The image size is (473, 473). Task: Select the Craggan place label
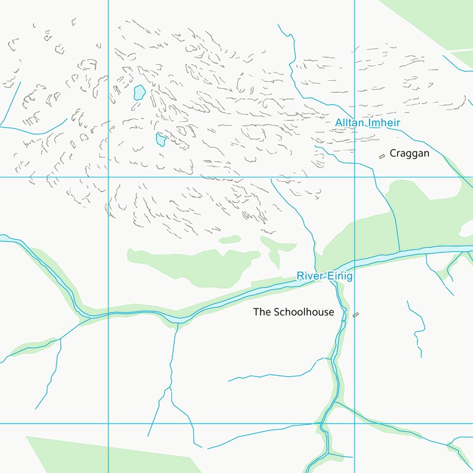coord(409,153)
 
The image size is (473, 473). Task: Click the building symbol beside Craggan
coord(382,155)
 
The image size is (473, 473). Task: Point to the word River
coord(309,276)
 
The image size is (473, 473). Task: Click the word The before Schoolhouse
coord(262,312)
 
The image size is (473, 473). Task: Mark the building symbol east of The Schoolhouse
coord(355,315)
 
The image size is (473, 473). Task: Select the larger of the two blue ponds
coord(140,93)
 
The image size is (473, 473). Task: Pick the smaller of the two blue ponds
coord(161,140)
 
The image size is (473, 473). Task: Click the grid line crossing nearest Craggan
coord(355,177)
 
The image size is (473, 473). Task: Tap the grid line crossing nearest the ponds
coord(108,177)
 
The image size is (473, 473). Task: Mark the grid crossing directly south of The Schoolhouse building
coord(355,423)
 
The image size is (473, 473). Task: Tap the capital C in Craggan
coord(393,153)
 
